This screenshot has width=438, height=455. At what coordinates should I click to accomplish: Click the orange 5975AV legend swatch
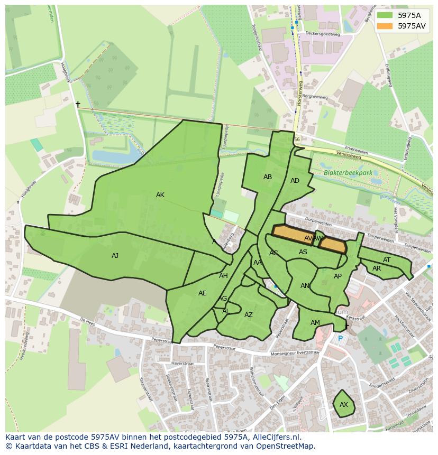click(x=385, y=26)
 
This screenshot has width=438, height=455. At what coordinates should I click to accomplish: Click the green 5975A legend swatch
click(x=385, y=15)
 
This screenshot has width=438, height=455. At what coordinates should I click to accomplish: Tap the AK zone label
click(x=160, y=195)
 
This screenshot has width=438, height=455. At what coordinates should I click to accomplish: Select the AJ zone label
click(x=115, y=256)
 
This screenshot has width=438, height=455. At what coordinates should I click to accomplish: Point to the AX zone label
click(x=344, y=405)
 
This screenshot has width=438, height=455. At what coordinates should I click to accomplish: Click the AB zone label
click(x=268, y=177)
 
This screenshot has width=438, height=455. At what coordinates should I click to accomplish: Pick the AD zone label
click(x=295, y=181)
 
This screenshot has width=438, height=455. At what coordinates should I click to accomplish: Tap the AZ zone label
click(x=249, y=315)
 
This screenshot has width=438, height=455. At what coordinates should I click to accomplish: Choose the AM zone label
click(x=315, y=323)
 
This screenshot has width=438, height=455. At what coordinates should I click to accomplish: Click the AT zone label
click(x=387, y=260)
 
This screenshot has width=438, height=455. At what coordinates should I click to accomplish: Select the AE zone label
click(x=202, y=293)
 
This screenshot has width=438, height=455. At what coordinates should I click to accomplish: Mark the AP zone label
click(x=337, y=276)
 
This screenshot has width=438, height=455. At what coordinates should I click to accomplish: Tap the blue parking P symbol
click(x=340, y=339)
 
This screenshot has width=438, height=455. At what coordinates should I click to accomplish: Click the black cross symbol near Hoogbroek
click(x=78, y=105)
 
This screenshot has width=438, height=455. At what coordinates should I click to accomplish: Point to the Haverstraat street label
click(x=182, y=364)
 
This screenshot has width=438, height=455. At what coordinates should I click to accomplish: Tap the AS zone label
click(x=303, y=252)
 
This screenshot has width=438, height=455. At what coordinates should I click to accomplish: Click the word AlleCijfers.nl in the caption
click(x=276, y=438)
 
